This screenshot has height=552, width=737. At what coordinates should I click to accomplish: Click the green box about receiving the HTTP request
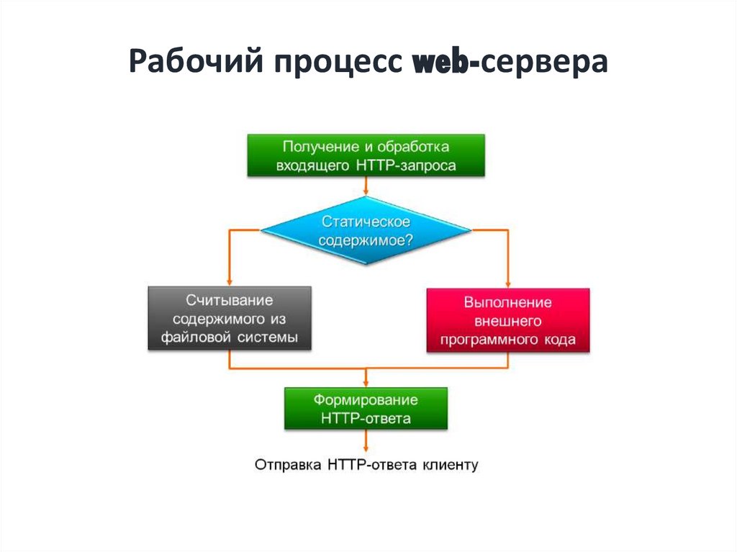click(366, 155)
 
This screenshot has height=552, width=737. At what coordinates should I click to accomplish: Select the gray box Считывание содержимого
click(230, 318)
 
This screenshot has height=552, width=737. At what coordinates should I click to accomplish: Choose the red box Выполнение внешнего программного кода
click(508, 321)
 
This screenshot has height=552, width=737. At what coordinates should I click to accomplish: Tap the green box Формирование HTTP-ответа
click(366, 408)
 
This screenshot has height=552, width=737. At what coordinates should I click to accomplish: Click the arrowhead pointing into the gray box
click(229, 281)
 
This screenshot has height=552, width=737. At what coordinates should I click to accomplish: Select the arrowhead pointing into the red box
click(508, 284)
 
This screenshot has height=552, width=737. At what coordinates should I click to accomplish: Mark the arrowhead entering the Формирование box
click(366, 383)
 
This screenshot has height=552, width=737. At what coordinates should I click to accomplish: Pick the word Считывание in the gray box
click(230, 299)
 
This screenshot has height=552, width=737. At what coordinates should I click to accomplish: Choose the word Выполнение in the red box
click(508, 302)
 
